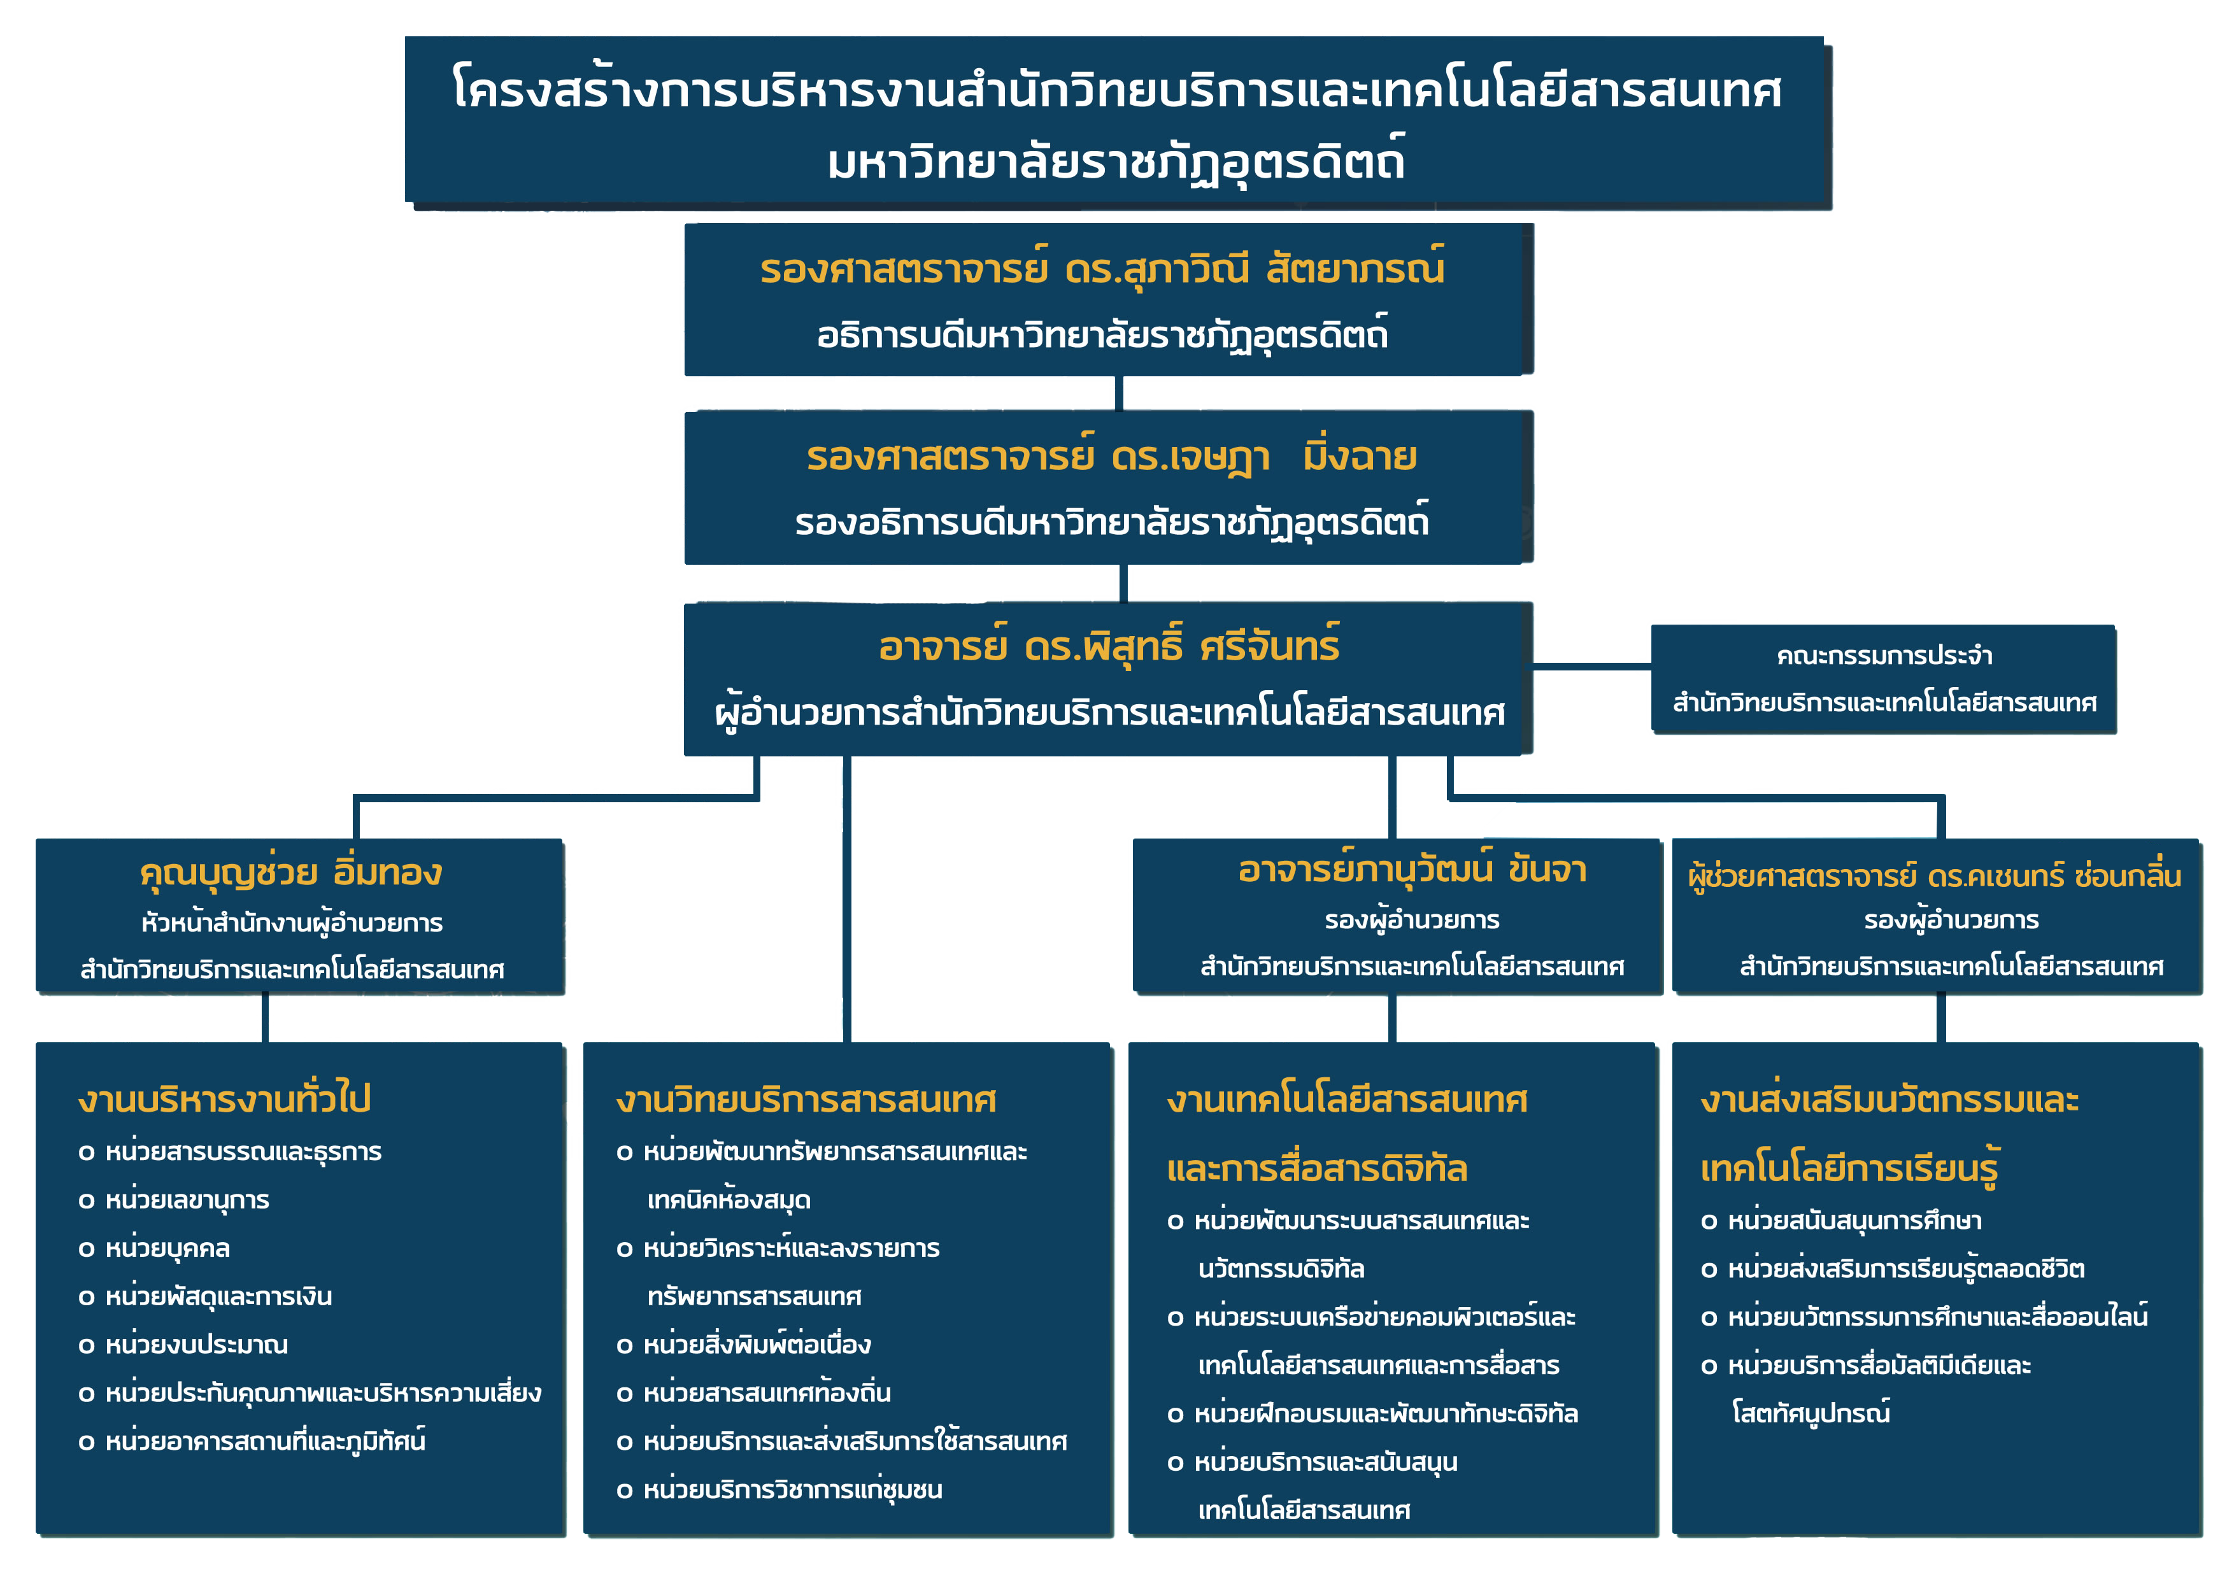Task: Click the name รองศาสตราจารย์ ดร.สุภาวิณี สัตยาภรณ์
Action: (1102, 269)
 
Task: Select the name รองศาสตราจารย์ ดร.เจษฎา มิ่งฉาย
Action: (1111, 457)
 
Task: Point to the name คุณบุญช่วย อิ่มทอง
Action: (291, 872)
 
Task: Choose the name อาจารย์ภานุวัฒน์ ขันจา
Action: (1412, 868)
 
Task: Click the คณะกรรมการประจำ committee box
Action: (1884, 678)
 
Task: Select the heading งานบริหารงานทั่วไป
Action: (225, 1098)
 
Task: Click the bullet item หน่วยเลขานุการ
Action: (173, 1200)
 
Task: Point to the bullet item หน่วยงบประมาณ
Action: (183, 1345)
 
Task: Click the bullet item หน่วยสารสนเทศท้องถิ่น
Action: (753, 1392)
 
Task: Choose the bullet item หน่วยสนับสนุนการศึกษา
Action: (1841, 1220)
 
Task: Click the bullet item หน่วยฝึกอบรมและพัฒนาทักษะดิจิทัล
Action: (1372, 1413)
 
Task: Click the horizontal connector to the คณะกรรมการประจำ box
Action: (1592, 667)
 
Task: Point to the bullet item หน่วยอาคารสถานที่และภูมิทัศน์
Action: (251, 1441)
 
